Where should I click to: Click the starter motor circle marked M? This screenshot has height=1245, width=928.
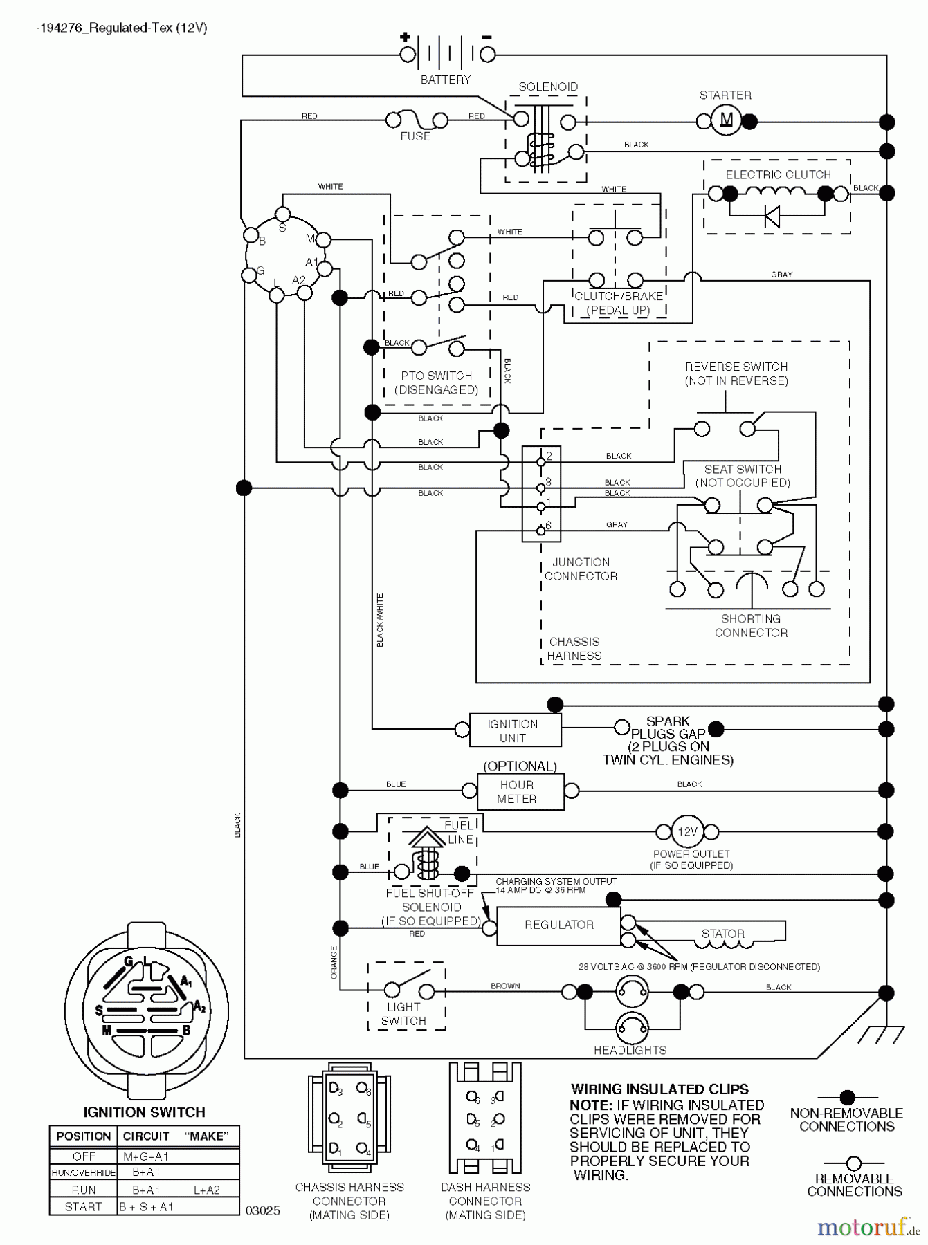point(726,122)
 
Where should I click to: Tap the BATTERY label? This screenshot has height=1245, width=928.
point(445,80)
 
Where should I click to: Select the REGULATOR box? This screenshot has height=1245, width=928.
point(558,925)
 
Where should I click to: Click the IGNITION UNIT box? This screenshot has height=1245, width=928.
point(514,730)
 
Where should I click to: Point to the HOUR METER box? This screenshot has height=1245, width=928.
point(520,791)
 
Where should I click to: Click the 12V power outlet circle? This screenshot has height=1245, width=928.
point(687,831)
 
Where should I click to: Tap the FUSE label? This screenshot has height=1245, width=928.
point(415,136)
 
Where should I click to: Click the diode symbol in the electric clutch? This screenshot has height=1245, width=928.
point(772,216)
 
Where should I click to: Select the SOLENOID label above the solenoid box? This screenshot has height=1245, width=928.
point(548,86)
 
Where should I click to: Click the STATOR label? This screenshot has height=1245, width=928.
point(722,934)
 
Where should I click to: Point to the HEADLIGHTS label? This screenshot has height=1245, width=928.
point(630,1050)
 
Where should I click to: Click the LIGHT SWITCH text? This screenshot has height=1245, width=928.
point(403,1014)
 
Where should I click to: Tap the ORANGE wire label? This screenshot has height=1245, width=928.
point(334,962)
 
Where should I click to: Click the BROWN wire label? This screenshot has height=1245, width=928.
point(505,986)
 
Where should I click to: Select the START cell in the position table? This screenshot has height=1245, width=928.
point(84,1206)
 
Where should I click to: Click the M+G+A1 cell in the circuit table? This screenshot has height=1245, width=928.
point(146,1156)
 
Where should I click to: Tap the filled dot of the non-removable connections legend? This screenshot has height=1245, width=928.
point(847,1097)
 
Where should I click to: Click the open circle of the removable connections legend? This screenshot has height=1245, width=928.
point(854,1163)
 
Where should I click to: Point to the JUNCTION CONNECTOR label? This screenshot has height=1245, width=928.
point(581,569)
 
